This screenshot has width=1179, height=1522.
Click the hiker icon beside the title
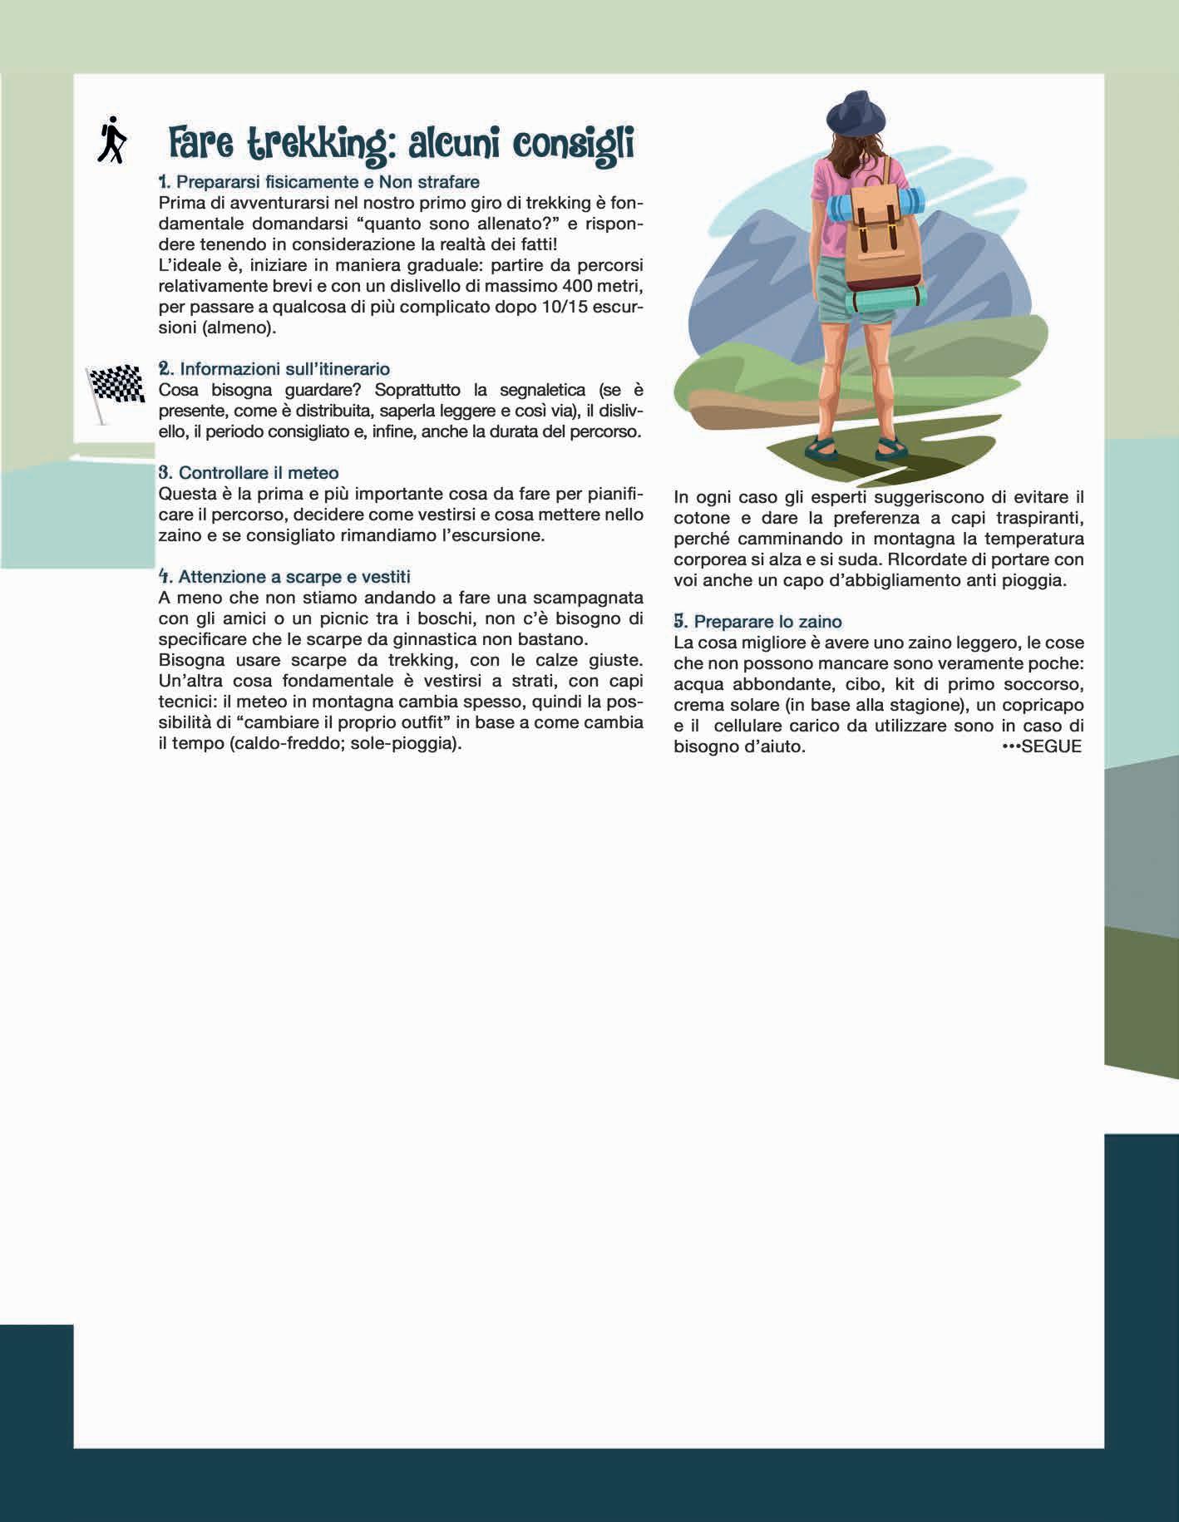click(111, 140)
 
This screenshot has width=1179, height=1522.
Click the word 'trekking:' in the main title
click(318, 144)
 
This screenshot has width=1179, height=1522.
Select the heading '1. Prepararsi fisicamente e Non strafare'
click(318, 181)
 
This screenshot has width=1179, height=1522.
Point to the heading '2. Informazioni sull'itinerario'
click(274, 368)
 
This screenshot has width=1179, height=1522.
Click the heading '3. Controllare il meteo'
click(249, 472)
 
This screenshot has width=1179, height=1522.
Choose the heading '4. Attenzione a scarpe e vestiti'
click(284, 576)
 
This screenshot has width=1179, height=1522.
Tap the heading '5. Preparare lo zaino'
click(757, 621)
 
